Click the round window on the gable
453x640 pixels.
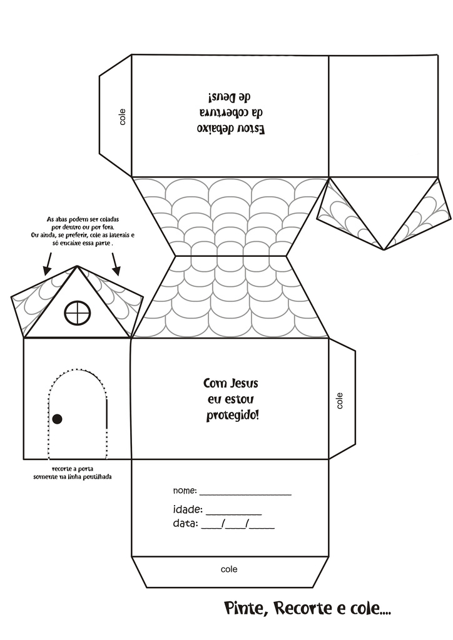coord(78,312)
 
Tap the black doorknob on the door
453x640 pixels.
coord(57,418)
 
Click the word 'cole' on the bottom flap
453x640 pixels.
coord(229,569)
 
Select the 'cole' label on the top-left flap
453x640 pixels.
coord(122,117)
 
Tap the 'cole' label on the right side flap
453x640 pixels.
coord(340,400)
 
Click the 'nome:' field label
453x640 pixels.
coord(185,491)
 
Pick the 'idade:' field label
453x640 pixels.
coord(187,509)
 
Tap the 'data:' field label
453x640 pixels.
coord(185,523)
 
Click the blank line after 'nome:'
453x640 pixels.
coord(245,494)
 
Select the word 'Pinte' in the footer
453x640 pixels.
coord(245,608)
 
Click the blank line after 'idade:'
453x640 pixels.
coord(233,512)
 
